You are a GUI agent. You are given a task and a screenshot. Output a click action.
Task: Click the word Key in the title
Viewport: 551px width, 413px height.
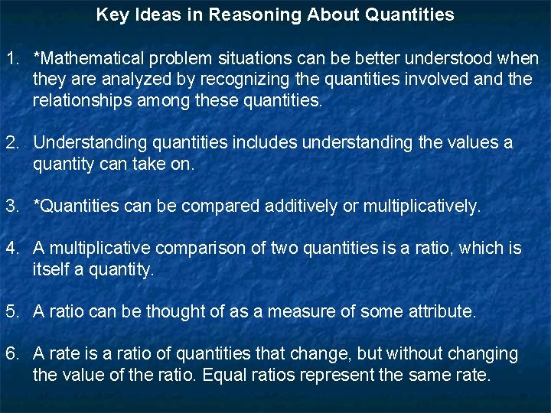pyautogui.click(x=112, y=15)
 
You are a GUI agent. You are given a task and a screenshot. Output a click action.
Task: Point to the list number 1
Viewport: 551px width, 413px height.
pyautogui.click(x=12, y=58)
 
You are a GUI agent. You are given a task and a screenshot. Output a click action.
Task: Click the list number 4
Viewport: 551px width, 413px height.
pyautogui.click(x=12, y=248)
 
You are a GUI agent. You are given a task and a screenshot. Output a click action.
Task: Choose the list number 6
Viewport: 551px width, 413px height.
pyautogui.click(x=12, y=353)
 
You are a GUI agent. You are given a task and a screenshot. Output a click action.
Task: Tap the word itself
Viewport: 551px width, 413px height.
pyautogui.click(x=51, y=269)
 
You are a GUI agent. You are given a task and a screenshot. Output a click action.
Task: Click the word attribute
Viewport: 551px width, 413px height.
pyautogui.click(x=442, y=311)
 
